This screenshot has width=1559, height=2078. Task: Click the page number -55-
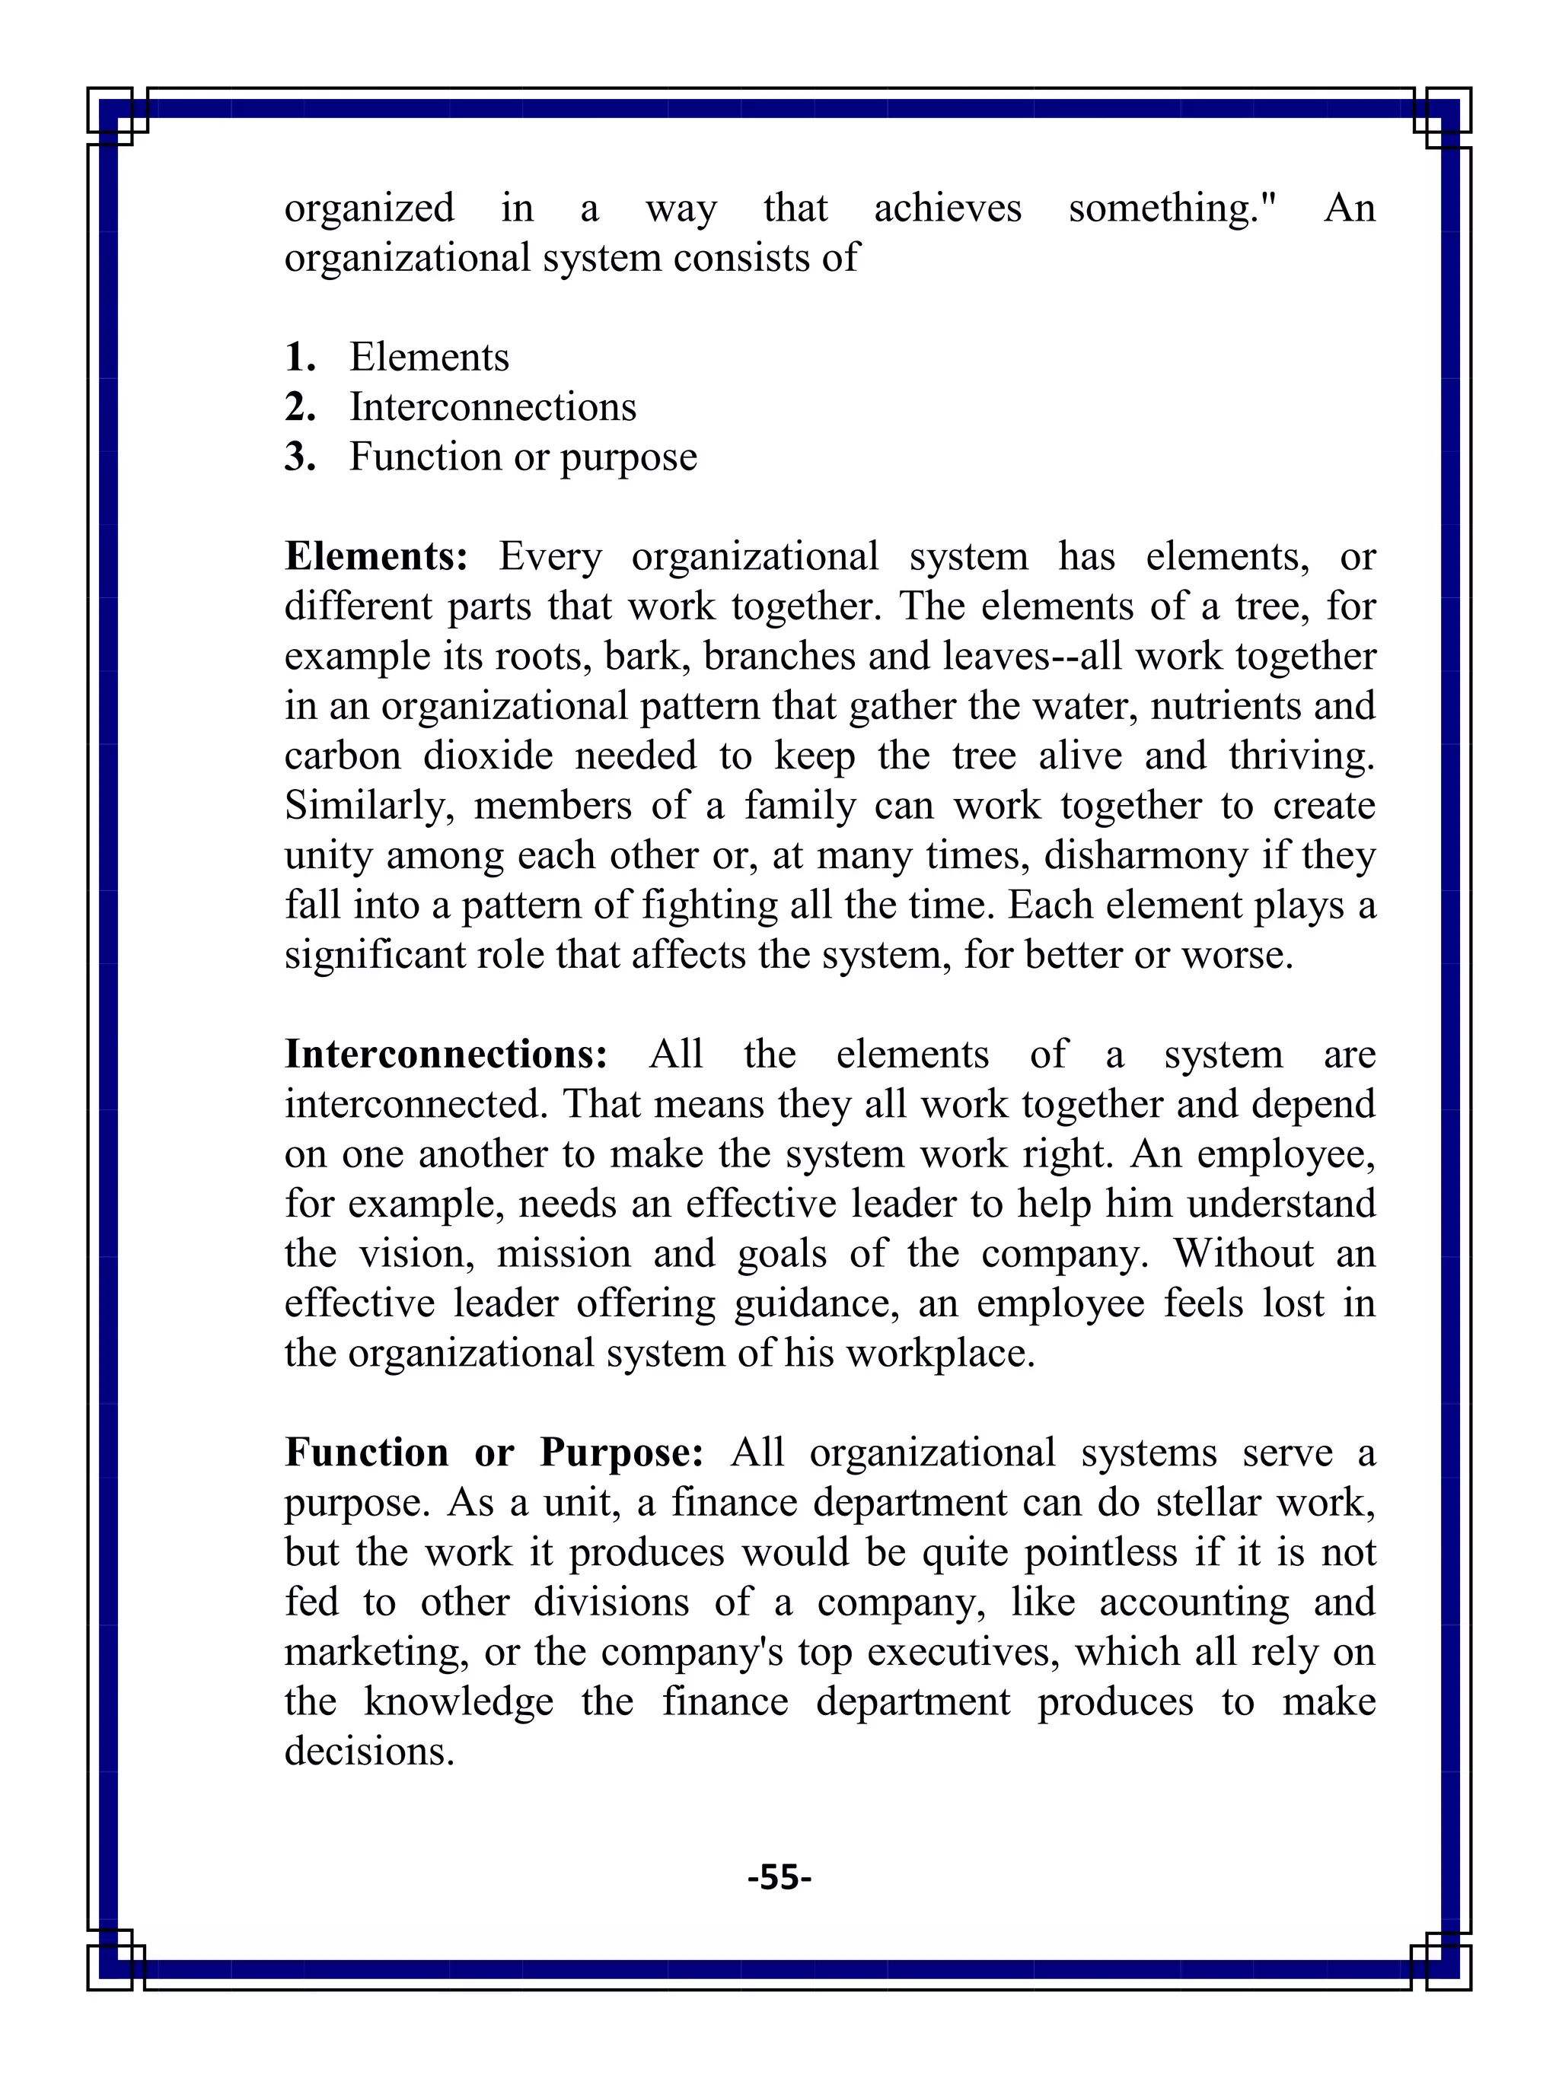tap(779, 1876)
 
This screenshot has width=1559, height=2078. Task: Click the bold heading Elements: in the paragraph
tap(376, 556)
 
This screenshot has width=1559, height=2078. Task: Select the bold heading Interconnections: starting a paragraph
tap(446, 1054)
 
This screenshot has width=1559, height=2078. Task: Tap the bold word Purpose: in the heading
tap(621, 1453)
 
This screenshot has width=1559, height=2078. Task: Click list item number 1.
tap(300, 357)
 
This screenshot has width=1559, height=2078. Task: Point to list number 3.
tap(300, 457)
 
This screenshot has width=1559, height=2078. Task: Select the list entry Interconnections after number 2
tap(493, 407)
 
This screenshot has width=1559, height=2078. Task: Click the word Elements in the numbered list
tap(429, 357)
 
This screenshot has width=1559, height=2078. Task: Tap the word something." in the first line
tap(1174, 208)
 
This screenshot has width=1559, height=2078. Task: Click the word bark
tap(649, 656)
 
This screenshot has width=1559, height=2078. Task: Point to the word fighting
tap(709, 905)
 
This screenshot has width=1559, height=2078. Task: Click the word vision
tap(416, 1253)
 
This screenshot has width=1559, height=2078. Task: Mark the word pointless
tap(1099, 1552)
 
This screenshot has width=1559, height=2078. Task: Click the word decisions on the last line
tap(368, 1751)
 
